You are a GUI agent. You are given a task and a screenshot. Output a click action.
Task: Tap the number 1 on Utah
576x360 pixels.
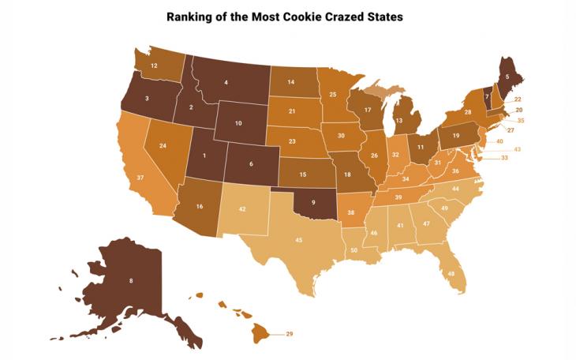tap(205, 155)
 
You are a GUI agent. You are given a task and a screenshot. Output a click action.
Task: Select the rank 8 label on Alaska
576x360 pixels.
tap(130, 280)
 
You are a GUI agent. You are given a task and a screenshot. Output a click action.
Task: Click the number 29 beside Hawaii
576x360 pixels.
tap(289, 335)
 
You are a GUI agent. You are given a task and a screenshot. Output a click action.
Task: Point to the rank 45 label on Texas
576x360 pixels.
tap(299, 240)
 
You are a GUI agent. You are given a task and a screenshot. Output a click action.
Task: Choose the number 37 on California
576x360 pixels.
tap(140, 178)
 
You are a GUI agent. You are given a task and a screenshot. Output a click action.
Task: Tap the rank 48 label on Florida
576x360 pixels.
tap(451, 273)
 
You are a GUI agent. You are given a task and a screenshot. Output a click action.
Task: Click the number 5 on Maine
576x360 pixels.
tap(507, 77)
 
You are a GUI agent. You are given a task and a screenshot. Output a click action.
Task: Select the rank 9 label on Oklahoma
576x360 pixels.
tap(313, 202)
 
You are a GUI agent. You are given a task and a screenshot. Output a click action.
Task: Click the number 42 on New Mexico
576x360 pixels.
tap(243, 210)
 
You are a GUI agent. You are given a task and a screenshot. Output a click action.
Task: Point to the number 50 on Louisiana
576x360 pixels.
tap(353, 250)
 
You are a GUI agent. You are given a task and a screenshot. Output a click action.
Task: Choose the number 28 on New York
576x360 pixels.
tap(468, 113)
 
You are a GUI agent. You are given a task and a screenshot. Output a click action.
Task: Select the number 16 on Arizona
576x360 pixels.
tap(200, 206)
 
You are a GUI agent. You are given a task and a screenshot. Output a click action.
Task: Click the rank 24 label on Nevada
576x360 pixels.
tap(163, 146)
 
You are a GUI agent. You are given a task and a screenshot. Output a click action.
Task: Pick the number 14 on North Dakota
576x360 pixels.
tap(290, 82)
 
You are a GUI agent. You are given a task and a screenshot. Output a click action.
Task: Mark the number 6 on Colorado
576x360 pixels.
tap(251, 164)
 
